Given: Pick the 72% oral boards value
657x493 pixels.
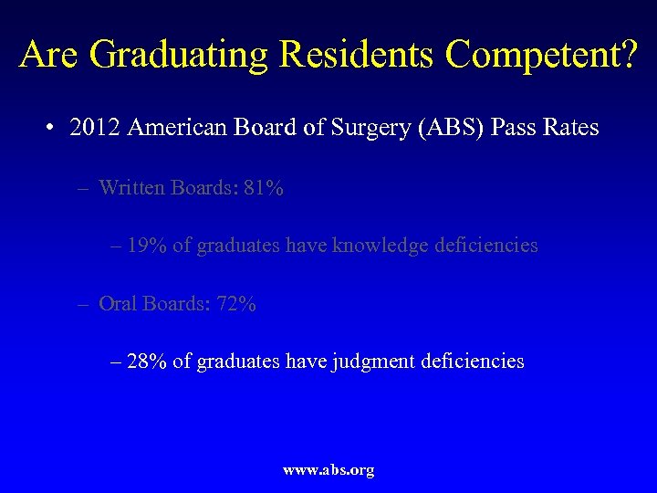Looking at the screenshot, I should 235,303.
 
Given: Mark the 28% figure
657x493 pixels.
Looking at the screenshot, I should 146,362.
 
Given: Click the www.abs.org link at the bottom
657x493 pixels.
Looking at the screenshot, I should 328,470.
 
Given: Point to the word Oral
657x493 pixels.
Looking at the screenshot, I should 117,303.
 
